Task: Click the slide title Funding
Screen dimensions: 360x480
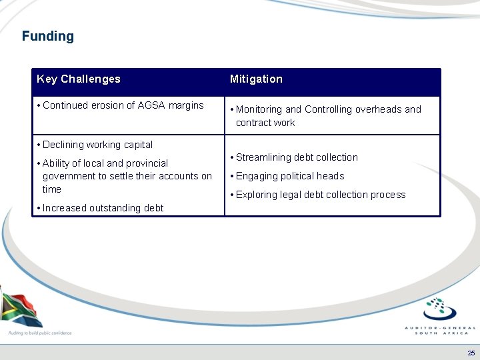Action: tap(47, 37)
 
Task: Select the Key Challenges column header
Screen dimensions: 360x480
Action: tap(79, 79)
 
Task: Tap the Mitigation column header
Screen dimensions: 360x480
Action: tap(256, 79)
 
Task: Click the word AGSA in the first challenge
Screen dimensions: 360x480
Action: tap(151, 105)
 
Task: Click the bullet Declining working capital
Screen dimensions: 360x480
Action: tap(97, 145)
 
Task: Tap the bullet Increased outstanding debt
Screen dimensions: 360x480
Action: tap(103, 208)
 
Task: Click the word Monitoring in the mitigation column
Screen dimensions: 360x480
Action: tap(259, 109)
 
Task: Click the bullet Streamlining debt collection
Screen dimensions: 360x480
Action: tap(297, 157)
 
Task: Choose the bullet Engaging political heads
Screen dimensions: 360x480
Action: tap(290, 176)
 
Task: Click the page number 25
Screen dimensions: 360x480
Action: tap(471, 353)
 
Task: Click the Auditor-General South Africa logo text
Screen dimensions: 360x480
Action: tap(440, 330)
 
